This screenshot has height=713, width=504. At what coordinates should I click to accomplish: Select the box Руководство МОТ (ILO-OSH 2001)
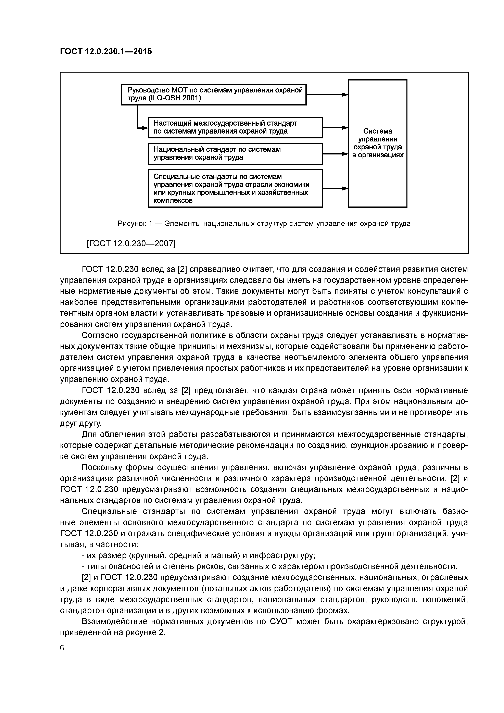click(x=213, y=94)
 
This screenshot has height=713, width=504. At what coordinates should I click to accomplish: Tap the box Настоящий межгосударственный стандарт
click(x=235, y=127)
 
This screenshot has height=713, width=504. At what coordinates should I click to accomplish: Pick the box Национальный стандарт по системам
click(x=235, y=153)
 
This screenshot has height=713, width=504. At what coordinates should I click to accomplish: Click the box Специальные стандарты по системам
click(x=235, y=188)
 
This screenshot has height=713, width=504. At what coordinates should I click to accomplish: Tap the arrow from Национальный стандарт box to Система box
click(x=335, y=154)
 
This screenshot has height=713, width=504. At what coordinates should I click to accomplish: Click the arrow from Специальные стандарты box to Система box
click(x=335, y=188)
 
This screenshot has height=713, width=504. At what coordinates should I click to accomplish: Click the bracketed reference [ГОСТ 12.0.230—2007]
click(x=131, y=243)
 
